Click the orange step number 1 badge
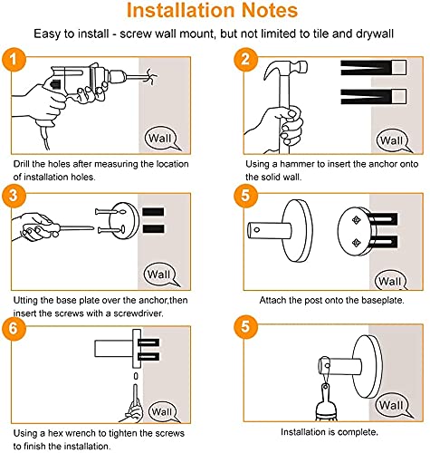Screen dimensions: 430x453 [14, 60]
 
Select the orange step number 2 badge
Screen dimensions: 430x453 [245, 59]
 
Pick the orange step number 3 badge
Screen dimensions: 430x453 [14, 196]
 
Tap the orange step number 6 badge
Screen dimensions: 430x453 [14, 328]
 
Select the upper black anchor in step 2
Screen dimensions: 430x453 [374, 68]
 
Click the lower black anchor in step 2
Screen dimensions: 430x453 [374, 97]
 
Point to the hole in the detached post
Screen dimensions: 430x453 [257, 230]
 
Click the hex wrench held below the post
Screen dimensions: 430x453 [136, 396]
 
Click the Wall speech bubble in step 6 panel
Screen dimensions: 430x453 [163, 411]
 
